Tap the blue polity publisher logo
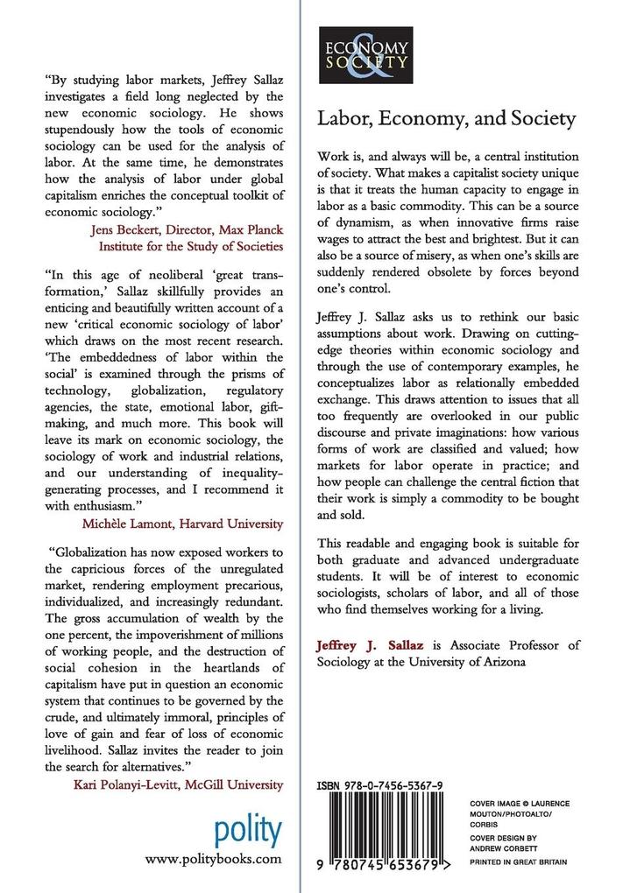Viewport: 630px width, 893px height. (x=248, y=828)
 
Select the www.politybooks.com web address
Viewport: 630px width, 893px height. (x=213, y=860)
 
